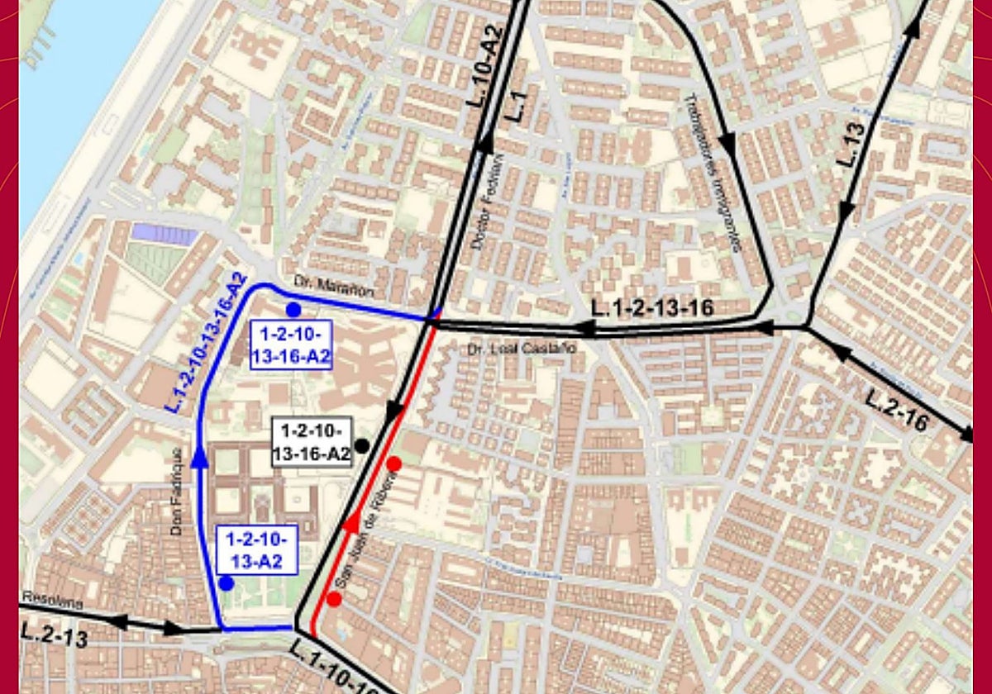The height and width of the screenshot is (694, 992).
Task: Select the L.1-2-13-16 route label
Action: pyautogui.click(x=653, y=308)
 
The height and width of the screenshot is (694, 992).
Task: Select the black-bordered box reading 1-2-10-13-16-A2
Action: pyautogui.click(x=312, y=442)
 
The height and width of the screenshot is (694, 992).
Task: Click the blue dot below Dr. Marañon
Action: pyautogui.click(x=293, y=310)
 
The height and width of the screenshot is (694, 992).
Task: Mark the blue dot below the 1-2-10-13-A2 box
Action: pyautogui.click(x=227, y=583)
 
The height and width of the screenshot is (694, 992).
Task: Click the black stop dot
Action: pyautogui.click(x=361, y=446)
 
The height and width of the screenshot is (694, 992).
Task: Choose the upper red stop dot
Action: pyautogui.click(x=394, y=464)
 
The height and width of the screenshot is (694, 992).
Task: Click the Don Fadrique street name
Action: pyautogui.click(x=177, y=492)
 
